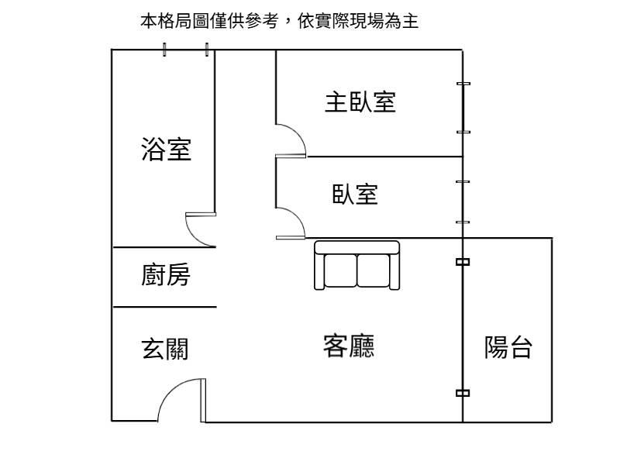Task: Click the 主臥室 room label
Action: pos(360,102)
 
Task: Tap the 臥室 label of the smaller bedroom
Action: pos(355,194)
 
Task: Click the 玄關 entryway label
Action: pos(164,349)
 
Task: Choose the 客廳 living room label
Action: pos(348,346)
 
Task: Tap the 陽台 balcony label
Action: pos(508,347)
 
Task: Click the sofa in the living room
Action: pos(356,265)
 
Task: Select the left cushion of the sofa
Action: pos(339,270)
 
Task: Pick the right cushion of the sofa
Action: pos(374,270)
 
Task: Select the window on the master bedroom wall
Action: pos(463,108)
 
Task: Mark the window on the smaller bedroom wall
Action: pos(463,202)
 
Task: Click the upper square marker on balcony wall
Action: pos(463,262)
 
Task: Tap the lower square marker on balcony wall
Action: pos(463,393)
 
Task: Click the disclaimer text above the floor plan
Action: pos(279,22)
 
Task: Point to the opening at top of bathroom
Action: pos(185,50)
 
